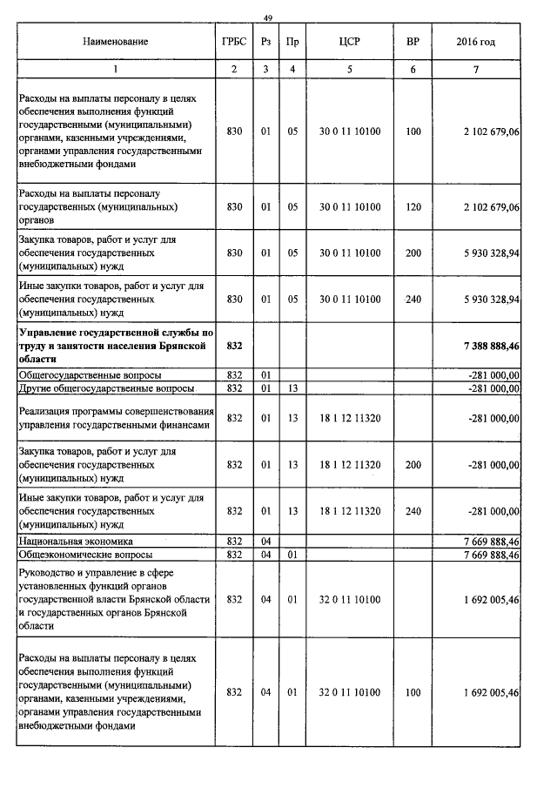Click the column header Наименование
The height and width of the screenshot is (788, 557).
click(x=116, y=41)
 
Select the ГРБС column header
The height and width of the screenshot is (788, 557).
click(x=233, y=41)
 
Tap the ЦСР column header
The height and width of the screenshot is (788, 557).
click(x=349, y=41)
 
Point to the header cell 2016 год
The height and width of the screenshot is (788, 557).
click(x=475, y=41)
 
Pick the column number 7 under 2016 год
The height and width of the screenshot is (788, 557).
click(x=475, y=69)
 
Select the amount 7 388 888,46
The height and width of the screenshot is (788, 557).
click(x=493, y=346)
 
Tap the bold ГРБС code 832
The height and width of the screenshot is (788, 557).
click(x=233, y=346)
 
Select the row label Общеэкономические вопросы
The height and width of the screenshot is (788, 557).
click(x=85, y=554)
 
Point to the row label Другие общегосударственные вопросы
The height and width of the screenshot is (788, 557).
click(x=105, y=387)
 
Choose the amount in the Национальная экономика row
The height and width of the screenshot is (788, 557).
click(x=493, y=542)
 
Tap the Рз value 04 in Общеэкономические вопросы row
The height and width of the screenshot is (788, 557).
click(x=266, y=554)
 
